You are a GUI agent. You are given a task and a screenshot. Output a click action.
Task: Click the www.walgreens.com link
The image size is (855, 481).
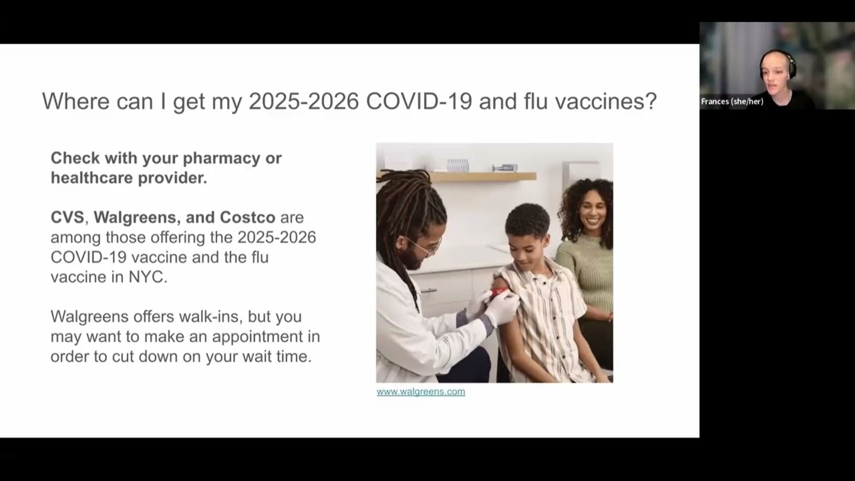pyautogui.click(x=421, y=391)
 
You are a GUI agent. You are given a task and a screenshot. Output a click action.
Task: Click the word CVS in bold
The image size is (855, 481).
pyautogui.click(x=67, y=217)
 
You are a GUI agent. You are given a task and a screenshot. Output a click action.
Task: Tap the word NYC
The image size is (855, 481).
pyautogui.click(x=147, y=277)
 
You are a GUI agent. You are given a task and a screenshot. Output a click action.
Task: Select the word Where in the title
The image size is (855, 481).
pyautogui.click(x=72, y=102)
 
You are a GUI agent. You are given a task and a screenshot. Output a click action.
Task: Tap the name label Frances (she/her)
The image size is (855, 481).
pyautogui.click(x=732, y=102)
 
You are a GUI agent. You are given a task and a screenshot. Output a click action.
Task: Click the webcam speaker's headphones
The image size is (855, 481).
pyautogui.click(x=792, y=64)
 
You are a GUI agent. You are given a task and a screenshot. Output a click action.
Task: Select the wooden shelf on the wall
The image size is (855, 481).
pyautogui.click(x=481, y=176)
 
